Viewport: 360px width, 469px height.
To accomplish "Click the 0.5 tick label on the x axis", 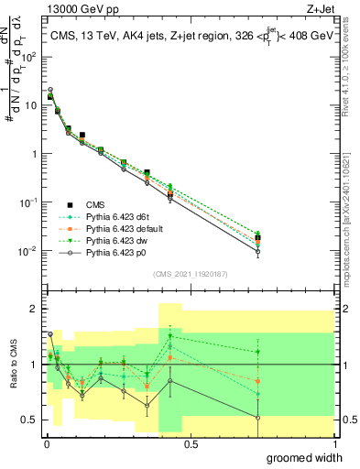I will (191, 443).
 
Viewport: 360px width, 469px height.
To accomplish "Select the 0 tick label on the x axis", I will (45, 443).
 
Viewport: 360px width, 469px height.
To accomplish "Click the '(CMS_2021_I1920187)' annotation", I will (191, 273).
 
